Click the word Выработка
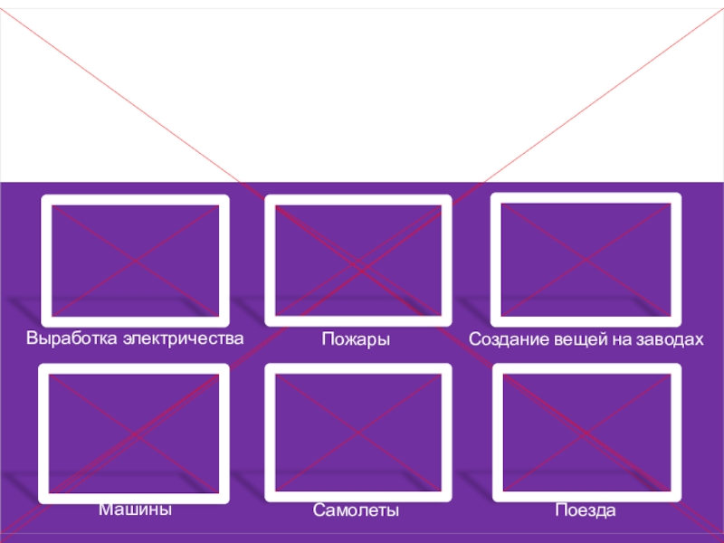pos(72,338)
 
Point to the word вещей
pos(570,339)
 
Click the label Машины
pos(135,510)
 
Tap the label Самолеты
pos(356,511)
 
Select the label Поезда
pos(586,511)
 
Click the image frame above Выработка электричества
pos(135,261)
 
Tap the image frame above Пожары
pos(357,261)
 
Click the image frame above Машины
pos(134,433)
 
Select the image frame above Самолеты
pos(357,433)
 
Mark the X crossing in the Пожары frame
pos(357,261)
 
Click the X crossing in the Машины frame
pos(134,433)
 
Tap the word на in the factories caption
pos(614,339)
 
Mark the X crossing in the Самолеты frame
pos(357,433)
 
